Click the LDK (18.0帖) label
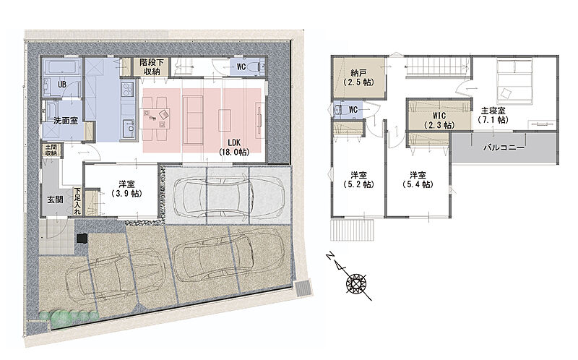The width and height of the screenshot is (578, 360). (233, 147)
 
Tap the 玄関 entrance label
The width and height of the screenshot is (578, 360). (55, 200)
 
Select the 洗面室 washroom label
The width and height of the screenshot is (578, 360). (66, 121)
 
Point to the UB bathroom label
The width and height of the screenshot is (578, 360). (62, 85)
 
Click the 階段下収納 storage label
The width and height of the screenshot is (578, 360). (152, 67)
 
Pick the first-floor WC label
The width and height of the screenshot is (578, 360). (241, 67)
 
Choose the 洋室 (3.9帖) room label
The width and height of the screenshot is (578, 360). (126, 189)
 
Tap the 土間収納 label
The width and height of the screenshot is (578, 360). (51, 150)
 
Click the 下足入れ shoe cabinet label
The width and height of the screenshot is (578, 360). (77, 201)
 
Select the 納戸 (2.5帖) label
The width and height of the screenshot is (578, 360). (358, 78)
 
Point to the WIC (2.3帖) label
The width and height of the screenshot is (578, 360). (439, 121)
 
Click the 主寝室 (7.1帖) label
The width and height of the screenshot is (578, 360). (493, 115)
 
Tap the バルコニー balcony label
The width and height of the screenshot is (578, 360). (504, 148)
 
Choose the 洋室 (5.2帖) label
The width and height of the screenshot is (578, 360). (358, 179)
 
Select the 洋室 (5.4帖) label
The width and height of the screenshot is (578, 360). (418, 179)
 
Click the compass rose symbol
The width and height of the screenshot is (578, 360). (356, 283)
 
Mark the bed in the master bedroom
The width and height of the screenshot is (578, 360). (514, 82)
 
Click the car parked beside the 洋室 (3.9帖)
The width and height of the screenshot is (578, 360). (228, 196)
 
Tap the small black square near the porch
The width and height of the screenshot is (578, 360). (82, 239)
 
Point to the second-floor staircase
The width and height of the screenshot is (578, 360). (438, 67)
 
